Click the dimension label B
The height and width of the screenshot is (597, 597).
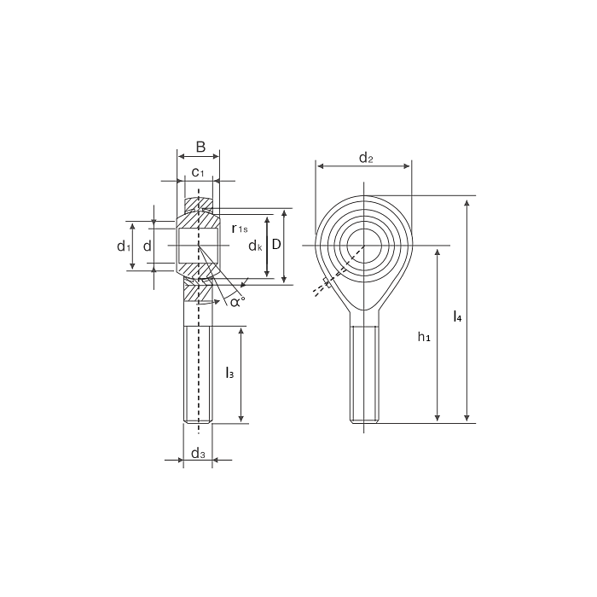(200, 147)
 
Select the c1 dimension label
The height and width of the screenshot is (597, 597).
(197, 172)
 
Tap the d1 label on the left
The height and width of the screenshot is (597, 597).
(123, 246)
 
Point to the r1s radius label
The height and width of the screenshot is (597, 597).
(240, 228)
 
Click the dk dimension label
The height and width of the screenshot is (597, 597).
(254, 246)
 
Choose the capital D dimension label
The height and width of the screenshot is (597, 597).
(276, 244)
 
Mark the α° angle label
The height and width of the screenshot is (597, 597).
(236, 300)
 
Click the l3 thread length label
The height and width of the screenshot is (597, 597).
(229, 373)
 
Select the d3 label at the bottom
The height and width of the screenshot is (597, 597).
(197, 453)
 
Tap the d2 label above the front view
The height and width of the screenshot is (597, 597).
(365, 157)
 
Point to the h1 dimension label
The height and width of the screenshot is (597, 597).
(424, 338)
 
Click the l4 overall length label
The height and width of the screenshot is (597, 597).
(458, 317)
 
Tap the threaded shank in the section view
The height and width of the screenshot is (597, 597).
(198, 375)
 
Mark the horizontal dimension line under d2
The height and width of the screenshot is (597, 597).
(364, 167)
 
